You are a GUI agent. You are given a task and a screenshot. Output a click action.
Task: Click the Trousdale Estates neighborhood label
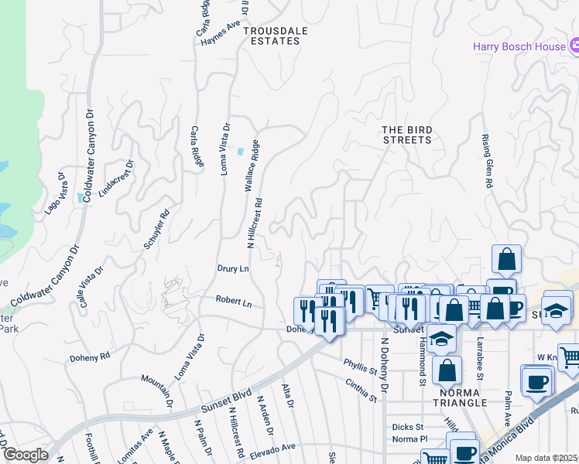click(x=271, y=36)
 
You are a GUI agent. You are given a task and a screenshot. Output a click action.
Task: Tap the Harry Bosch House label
click(x=520, y=46)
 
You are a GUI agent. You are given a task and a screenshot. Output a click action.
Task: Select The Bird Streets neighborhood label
click(x=406, y=135)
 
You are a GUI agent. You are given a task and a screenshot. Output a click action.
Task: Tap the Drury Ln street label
click(x=232, y=268)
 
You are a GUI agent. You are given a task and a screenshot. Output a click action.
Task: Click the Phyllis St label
click(x=360, y=365)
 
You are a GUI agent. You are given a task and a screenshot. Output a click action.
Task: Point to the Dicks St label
click(x=407, y=426)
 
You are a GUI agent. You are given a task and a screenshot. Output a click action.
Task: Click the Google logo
click(x=25, y=455)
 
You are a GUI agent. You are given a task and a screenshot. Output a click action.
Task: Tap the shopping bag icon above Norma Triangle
click(x=447, y=371)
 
